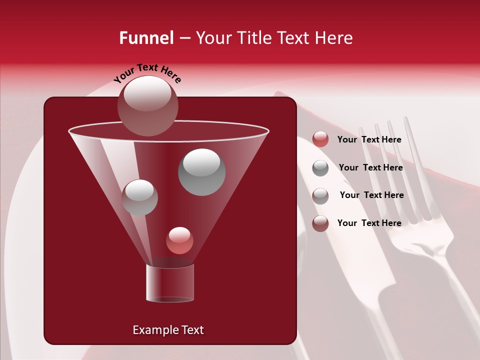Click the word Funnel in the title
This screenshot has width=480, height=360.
coord(146,38)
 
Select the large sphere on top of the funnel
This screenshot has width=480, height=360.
coord(147,105)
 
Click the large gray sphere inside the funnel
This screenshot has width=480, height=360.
coord(201,172)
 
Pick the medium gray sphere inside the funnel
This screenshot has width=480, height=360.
coord(139,197)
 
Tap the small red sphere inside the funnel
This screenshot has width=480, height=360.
coord(179,240)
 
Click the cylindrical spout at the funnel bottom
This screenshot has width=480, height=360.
coord(169,283)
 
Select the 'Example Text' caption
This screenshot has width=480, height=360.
coord(168,330)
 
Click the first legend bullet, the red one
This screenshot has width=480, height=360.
coord(320,139)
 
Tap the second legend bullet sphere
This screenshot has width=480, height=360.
coord(320,167)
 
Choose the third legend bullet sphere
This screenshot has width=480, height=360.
coord(320,195)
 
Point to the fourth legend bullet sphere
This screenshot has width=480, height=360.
coord(320,223)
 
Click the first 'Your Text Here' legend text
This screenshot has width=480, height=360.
coord(369,139)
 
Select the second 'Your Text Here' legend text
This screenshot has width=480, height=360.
coord(370,167)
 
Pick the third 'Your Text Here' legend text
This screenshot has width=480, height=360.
coord(371,195)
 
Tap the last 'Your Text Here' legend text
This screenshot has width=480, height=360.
coord(369,223)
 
